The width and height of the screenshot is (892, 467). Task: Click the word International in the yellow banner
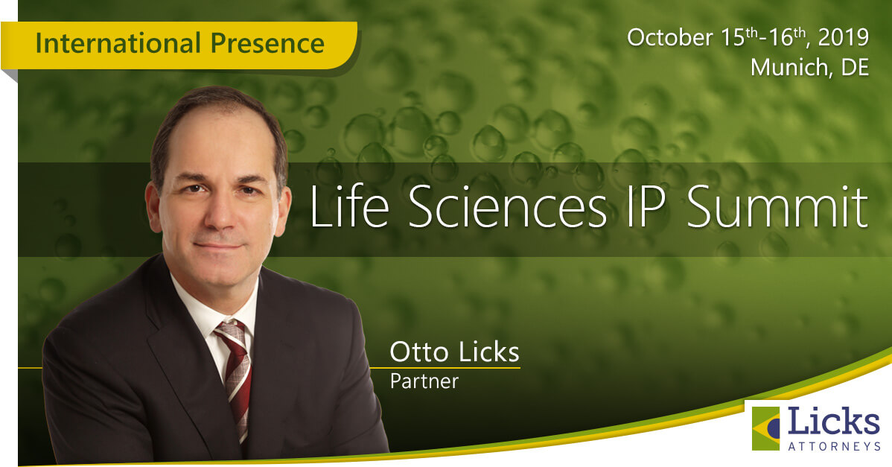tap(118, 43)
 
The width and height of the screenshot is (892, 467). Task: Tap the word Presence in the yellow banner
tap(267, 43)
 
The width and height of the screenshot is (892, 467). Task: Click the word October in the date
tap(669, 37)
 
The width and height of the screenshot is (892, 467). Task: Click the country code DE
tap(855, 68)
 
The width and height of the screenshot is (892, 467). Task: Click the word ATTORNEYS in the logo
tap(834, 446)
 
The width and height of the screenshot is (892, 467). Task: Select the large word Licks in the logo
tap(833, 422)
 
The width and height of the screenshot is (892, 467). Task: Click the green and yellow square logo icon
tap(765, 428)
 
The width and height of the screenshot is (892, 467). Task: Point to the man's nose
tap(220, 213)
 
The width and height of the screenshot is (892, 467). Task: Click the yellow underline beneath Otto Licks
tap(445, 367)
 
